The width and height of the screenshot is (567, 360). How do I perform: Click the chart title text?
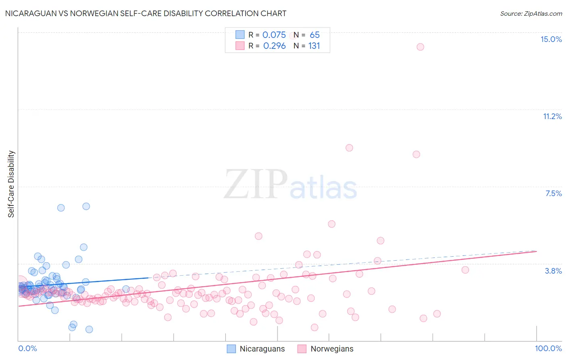[x=146, y=13]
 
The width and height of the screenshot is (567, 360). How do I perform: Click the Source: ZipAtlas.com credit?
[x=531, y=13]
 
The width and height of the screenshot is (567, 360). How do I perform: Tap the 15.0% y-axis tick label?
[x=551, y=39]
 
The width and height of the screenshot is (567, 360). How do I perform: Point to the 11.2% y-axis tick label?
[x=552, y=116]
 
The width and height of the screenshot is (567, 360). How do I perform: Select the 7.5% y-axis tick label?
[x=553, y=193]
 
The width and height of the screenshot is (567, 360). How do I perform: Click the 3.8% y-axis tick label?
[x=553, y=271]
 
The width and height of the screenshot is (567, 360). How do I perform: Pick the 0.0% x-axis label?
[x=27, y=348]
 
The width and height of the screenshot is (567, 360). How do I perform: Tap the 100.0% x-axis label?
[x=548, y=348]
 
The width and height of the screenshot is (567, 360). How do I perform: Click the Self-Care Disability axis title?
[x=11, y=184]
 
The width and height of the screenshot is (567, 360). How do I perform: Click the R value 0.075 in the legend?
[x=274, y=35]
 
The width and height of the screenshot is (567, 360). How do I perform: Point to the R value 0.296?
[x=274, y=46]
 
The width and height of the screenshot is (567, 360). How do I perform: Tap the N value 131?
[x=314, y=46]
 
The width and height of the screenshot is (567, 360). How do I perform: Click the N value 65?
[x=315, y=35]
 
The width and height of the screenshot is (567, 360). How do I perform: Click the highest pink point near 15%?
[x=420, y=47]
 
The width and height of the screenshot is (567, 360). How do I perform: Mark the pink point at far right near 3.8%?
[x=465, y=270]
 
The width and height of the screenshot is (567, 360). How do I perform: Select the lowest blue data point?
[x=89, y=329]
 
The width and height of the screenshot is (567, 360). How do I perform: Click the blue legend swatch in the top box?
[x=240, y=35]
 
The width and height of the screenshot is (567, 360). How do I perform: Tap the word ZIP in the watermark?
[x=256, y=184]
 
